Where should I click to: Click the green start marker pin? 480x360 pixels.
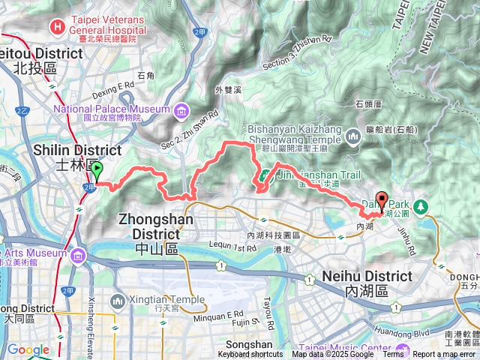pyautogui.click(x=96, y=172)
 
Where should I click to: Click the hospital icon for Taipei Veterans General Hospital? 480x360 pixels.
pyautogui.click(x=55, y=26)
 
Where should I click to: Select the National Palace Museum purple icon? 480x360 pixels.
pyautogui.click(x=181, y=112)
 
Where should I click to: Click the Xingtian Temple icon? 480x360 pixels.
pyautogui.click(x=118, y=301)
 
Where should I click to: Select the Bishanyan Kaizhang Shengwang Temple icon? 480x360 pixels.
pyautogui.click(x=353, y=135)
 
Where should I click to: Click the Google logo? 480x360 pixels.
pyautogui.click(x=28, y=349)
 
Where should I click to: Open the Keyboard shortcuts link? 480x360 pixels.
pyautogui.click(x=250, y=355)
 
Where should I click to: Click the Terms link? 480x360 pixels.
pyautogui.click(x=393, y=355)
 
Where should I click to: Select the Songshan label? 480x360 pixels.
pyautogui.click(x=251, y=343)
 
